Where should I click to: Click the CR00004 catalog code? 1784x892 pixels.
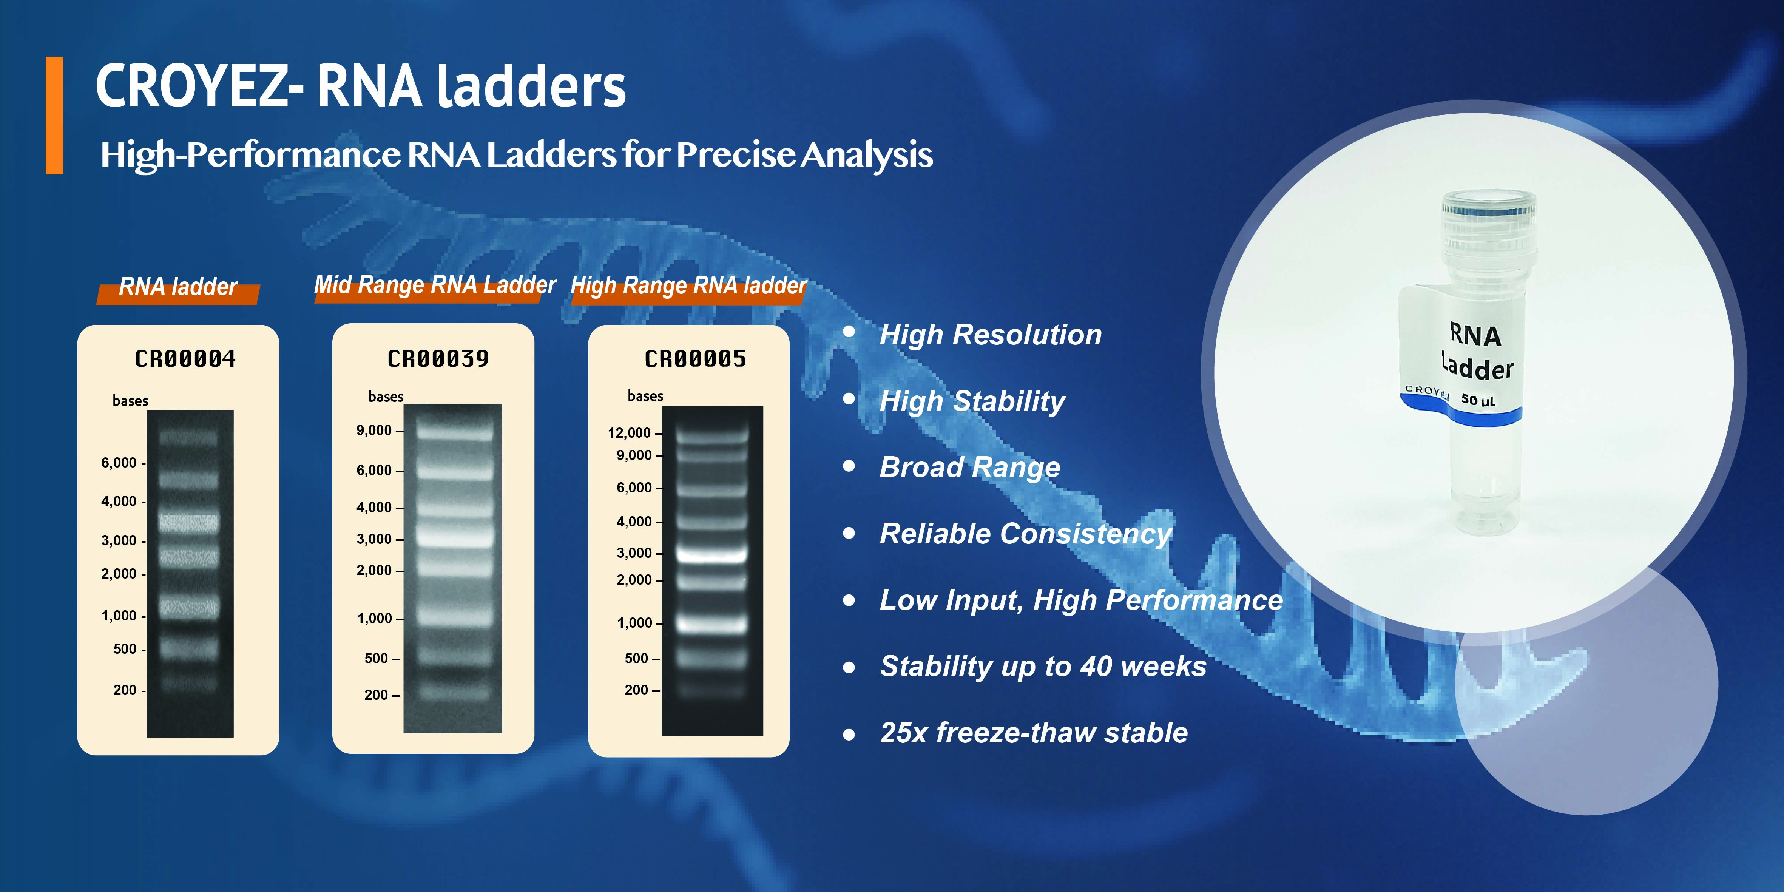[x=185, y=359]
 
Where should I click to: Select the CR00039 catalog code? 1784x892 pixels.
[x=438, y=359]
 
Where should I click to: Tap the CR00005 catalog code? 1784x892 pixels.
[x=695, y=359]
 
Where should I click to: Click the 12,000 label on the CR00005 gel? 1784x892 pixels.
[x=630, y=433]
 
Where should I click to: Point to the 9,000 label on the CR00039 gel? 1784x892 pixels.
[x=374, y=430]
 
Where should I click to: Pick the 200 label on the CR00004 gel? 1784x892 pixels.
[x=125, y=690]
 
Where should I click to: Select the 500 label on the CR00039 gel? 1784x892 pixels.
[x=377, y=658]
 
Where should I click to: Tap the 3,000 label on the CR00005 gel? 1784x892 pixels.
[x=634, y=552]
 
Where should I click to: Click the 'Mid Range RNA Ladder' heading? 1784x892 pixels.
[x=435, y=285]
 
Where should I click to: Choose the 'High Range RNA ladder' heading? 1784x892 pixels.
[x=689, y=286]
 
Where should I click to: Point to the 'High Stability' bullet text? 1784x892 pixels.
[x=972, y=401]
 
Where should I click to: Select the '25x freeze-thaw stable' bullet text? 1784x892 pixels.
[x=1034, y=733]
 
